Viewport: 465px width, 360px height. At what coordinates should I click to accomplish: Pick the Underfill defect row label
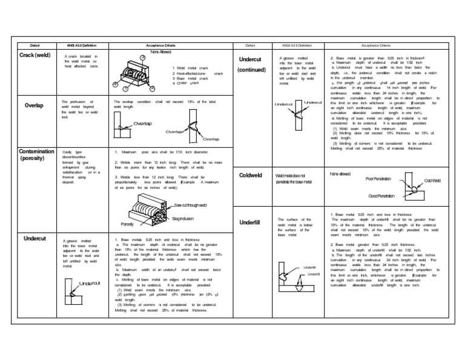click(x=249, y=222)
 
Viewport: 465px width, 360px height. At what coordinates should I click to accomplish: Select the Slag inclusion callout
click(x=184, y=218)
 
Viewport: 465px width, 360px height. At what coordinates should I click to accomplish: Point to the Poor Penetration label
click(x=379, y=179)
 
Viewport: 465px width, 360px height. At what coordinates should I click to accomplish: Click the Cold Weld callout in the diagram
click(x=432, y=181)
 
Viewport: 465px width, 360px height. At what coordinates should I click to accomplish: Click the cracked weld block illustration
click(x=140, y=74)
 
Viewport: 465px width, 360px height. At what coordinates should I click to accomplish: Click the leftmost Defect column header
click(x=35, y=45)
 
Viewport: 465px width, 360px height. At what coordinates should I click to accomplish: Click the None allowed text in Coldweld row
click(x=340, y=174)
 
